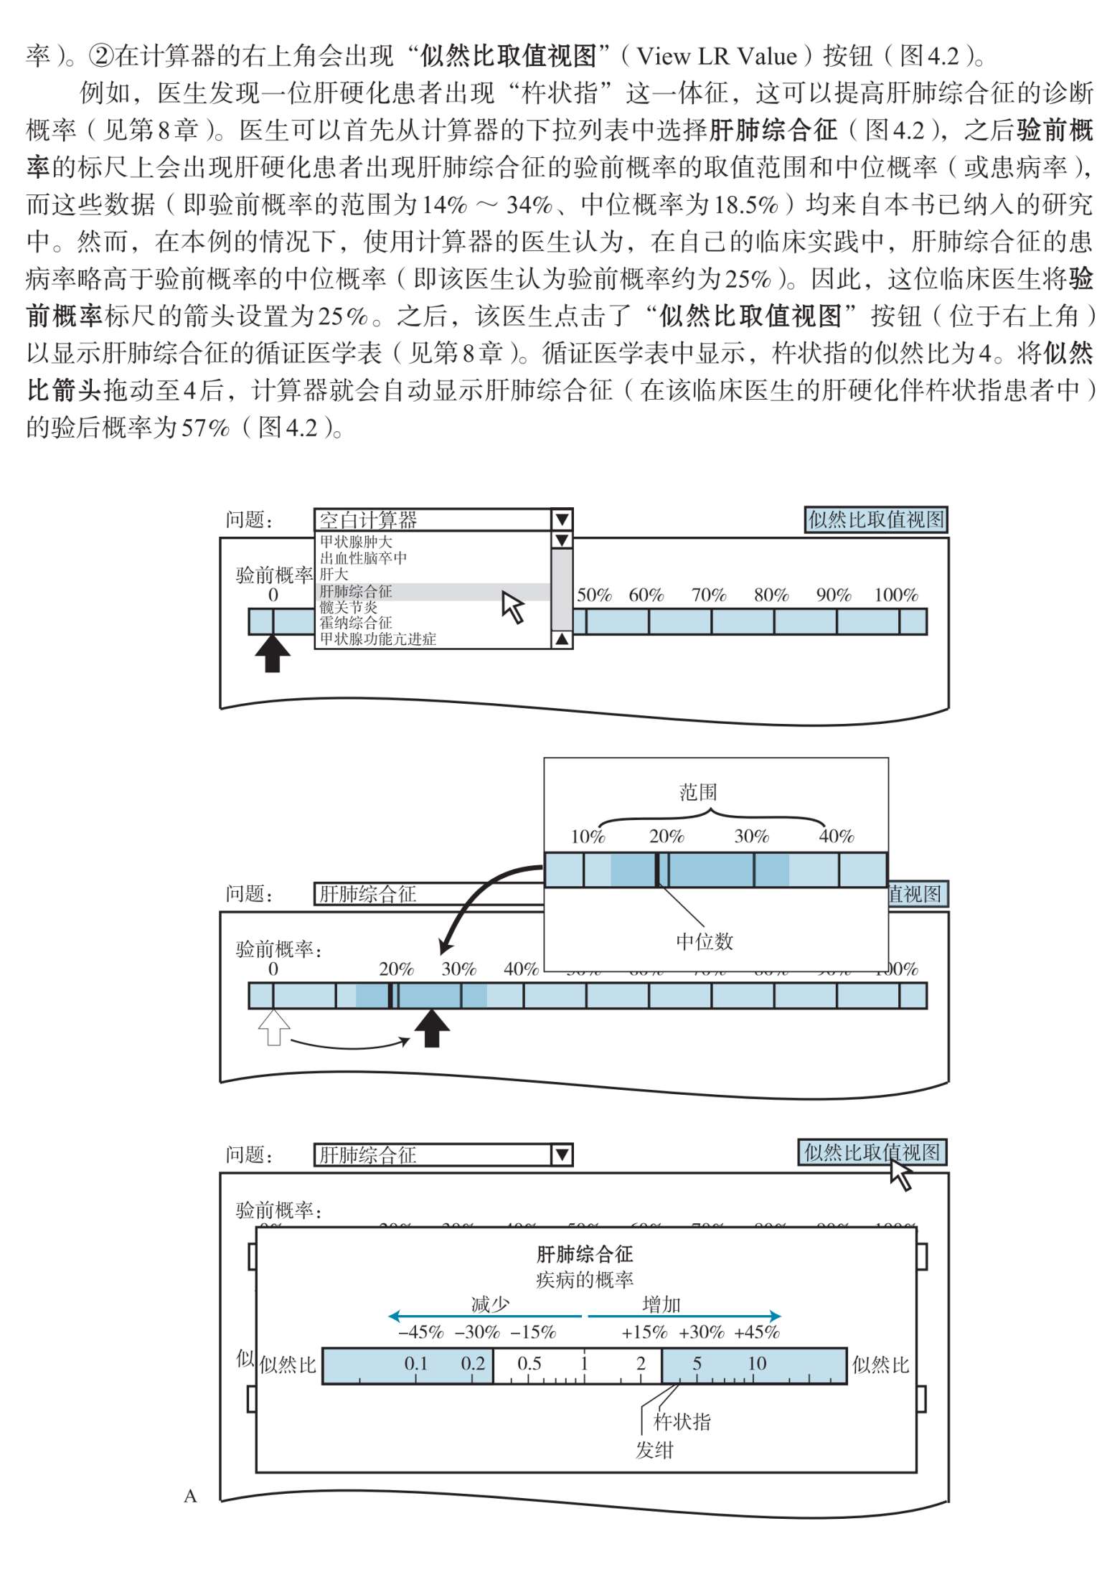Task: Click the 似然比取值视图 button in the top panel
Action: coord(876,519)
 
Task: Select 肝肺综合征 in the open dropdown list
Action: coord(356,591)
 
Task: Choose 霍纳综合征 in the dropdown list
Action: coord(356,623)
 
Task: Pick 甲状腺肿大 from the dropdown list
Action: coord(356,542)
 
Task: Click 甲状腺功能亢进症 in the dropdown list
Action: coord(378,639)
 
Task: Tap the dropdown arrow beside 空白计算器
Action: coord(562,519)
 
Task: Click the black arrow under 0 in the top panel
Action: coord(273,654)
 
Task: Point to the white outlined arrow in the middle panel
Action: coord(273,1027)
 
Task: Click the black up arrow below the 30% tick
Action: coord(432,1028)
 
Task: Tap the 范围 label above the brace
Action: coord(698,792)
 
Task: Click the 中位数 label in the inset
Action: coord(705,941)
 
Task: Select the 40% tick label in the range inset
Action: coord(837,836)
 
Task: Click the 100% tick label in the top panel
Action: coord(896,595)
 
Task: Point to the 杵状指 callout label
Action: coord(682,1421)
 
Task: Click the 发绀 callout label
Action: coord(654,1450)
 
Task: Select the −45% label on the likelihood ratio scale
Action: coord(421,1332)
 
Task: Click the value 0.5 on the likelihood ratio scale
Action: coord(529,1363)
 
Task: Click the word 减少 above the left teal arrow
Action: coord(490,1304)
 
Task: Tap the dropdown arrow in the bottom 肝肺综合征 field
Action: coord(562,1154)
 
